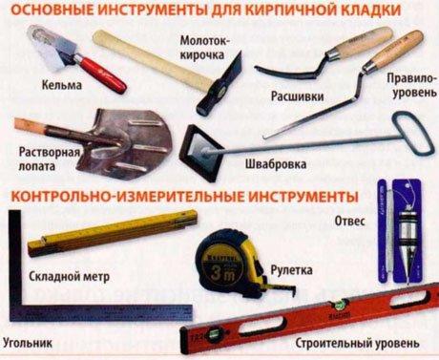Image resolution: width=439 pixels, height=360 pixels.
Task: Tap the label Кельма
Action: (62, 85)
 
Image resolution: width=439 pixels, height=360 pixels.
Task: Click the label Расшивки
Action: (298, 96)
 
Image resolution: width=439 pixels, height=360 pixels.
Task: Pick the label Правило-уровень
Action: (411, 86)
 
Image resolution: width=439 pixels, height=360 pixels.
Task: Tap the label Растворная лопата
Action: (49, 159)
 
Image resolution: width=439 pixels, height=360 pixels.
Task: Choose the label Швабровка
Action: (276, 164)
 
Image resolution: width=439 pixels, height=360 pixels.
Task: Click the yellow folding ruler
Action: (113, 232)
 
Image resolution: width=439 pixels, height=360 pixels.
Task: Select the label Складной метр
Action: (70, 276)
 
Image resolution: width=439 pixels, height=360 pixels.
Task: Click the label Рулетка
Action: (291, 270)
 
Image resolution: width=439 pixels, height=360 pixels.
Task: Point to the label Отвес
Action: (349, 221)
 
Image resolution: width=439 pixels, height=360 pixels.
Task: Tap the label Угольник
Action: (28, 343)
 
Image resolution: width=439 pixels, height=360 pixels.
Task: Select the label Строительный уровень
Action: (357, 343)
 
